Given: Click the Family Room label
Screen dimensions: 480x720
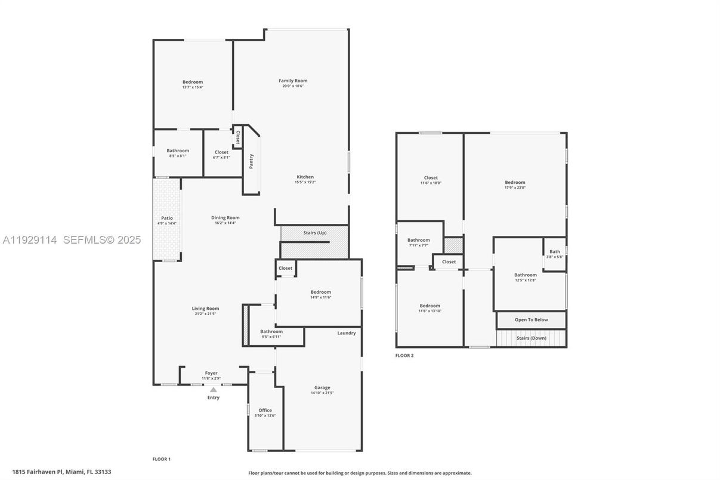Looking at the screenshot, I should tap(293, 81).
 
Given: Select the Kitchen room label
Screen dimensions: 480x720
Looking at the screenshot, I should tap(305, 177).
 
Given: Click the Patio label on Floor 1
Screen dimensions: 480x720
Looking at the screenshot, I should tap(167, 218).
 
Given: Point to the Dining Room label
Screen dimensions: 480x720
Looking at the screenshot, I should tap(225, 218).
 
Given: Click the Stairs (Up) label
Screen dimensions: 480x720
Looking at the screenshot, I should tap(314, 232).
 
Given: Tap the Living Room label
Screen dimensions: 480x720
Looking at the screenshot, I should tap(205, 309).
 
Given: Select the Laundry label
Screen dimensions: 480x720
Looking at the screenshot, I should tap(346, 333).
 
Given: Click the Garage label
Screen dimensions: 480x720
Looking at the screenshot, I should tap(322, 387).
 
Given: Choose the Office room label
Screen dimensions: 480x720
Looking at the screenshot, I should tap(265, 410).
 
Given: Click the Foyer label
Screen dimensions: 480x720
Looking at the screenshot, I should tap(211, 373).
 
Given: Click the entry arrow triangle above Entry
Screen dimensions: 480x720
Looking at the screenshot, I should tap(213, 389).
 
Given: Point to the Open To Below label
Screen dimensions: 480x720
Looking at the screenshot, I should tap(531, 319).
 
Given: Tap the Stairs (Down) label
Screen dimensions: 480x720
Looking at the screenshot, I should tap(531, 338).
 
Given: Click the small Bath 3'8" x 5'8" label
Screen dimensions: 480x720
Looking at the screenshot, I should tap(554, 252).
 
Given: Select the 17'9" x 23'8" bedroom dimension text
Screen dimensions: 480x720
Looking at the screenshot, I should tap(515, 187).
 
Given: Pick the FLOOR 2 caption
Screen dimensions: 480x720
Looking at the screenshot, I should tap(404, 355).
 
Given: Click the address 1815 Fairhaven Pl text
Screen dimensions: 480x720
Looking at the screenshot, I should tap(61, 472).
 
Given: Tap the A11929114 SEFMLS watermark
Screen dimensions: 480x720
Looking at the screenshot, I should tap(72, 240).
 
